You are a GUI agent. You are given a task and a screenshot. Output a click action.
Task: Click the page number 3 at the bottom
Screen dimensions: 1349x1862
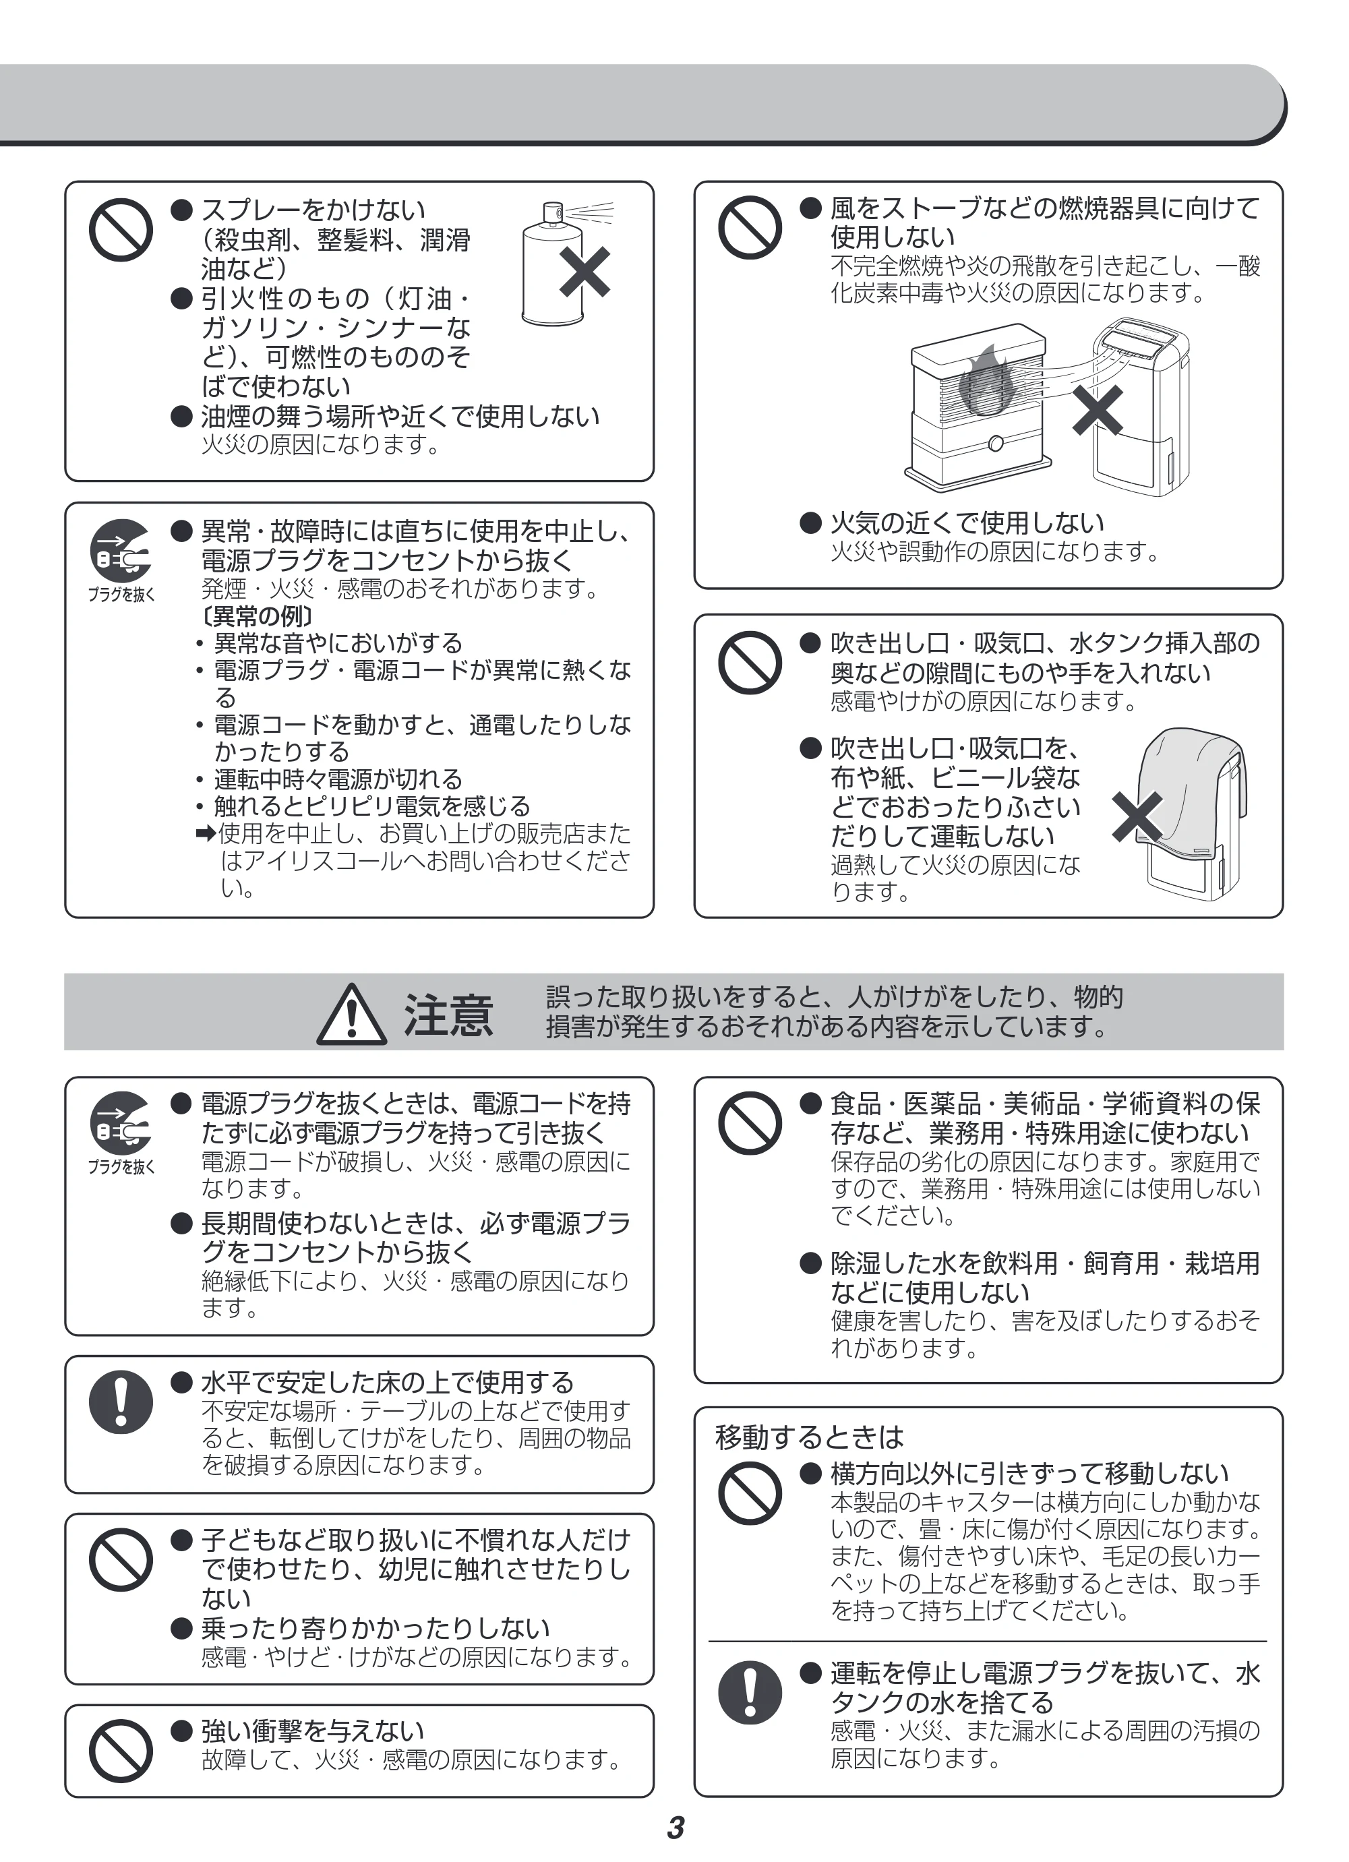(x=675, y=1828)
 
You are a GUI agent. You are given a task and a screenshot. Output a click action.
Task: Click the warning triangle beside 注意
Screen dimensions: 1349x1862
(x=351, y=1015)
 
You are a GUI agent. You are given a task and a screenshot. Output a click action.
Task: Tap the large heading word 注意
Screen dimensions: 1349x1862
(x=448, y=1015)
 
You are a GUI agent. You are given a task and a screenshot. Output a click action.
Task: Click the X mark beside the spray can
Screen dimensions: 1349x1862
(x=584, y=272)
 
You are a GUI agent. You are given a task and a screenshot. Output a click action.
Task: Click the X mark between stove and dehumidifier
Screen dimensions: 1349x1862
(x=1098, y=411)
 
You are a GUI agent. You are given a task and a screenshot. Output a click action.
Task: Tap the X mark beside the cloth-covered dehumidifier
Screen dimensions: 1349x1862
(x=1137, y=817)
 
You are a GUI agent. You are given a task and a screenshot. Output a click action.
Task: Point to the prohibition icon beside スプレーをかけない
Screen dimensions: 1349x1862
(x=121, y=229)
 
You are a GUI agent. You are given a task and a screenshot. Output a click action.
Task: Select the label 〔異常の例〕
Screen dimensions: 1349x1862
(x=258, y=615)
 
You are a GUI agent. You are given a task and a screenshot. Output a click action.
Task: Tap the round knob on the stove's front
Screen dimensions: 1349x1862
(x=996, y=444)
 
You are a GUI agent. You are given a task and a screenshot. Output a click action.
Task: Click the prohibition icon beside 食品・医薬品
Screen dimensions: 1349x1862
(x=750, y=1123)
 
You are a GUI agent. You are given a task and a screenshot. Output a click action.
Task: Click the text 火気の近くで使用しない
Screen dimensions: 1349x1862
(x=967, y=522)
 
